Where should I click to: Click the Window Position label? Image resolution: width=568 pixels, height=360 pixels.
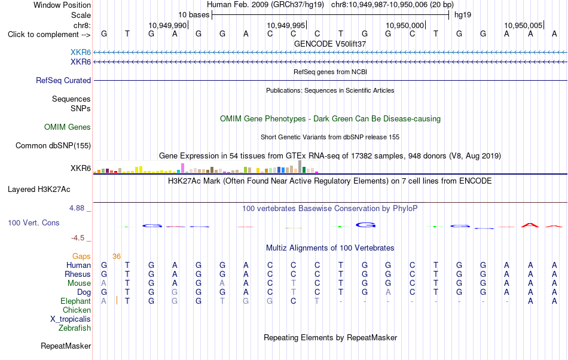62,5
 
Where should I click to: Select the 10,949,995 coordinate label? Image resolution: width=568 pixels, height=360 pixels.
286,25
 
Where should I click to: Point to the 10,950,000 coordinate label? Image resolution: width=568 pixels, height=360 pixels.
405,25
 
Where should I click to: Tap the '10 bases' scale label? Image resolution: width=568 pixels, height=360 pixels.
194,15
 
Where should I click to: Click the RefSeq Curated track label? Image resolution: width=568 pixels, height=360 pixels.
63,80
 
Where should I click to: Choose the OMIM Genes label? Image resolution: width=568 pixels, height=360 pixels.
68,127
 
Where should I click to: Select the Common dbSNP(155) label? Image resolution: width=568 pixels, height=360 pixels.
53,145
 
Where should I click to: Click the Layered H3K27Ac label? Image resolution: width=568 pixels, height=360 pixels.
39,190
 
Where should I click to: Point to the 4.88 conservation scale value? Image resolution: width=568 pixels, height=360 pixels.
77,208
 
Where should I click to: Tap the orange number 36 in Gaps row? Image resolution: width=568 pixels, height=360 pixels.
116,257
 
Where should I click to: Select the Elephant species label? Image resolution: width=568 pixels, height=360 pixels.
76,301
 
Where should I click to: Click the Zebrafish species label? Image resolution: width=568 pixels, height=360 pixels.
75,328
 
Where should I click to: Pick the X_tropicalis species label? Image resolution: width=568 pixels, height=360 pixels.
71,319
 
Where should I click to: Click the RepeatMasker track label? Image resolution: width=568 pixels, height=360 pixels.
66,346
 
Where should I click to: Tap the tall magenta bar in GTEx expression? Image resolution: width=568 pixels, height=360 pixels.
183,168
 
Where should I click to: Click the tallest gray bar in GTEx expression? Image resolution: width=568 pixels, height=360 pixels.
300,167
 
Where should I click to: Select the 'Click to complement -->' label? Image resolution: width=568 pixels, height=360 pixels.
49,35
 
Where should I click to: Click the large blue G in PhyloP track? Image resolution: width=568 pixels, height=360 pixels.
365,225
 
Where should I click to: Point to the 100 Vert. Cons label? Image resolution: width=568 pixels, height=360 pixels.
33,222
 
